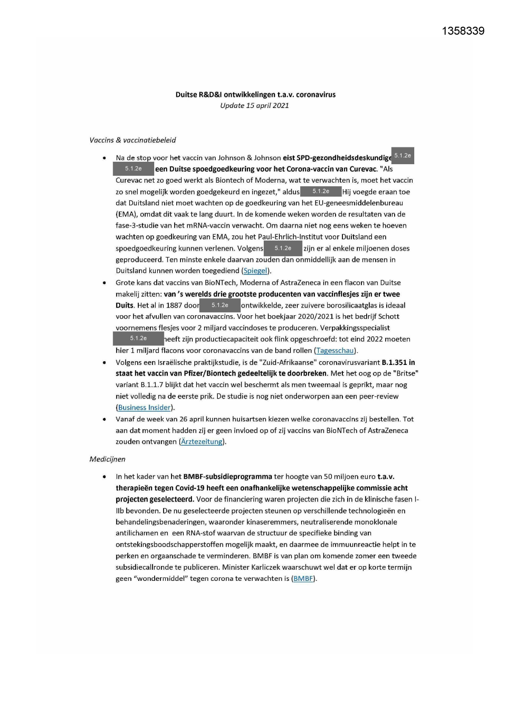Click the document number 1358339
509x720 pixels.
[463, 31]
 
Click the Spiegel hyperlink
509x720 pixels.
[255, 271]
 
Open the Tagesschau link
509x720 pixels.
[335, 351]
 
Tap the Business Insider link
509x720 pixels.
[144, 408]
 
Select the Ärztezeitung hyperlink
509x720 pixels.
[202, 442]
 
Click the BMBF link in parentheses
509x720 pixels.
[303, 579]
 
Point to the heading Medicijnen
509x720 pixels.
[107, 459]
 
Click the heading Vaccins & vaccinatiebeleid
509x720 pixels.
[132, 140]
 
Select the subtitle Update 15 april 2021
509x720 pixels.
[254, 105]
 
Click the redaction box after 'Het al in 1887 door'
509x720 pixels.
[220, 305]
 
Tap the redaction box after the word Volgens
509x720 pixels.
[283, 248]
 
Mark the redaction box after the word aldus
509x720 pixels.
[321, 191]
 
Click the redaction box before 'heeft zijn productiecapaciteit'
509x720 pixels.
[138, 339]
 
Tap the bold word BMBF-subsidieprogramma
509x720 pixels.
[228, 477]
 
